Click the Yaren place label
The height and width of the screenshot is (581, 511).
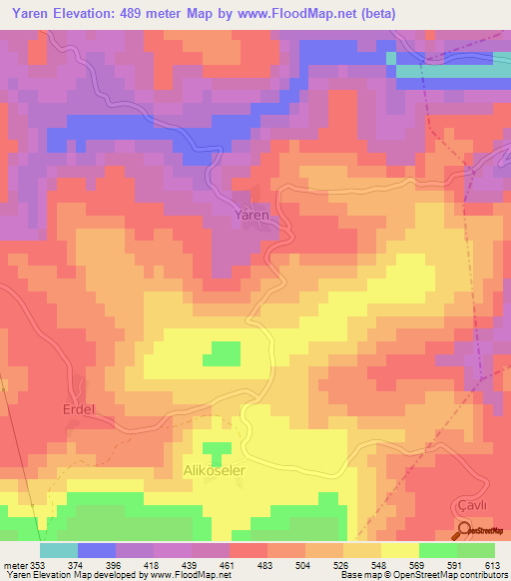(252, 216)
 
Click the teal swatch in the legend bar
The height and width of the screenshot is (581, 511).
(59, 550)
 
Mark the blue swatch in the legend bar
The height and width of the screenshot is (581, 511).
(97, 550)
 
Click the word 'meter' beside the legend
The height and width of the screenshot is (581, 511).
(16, 565)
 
